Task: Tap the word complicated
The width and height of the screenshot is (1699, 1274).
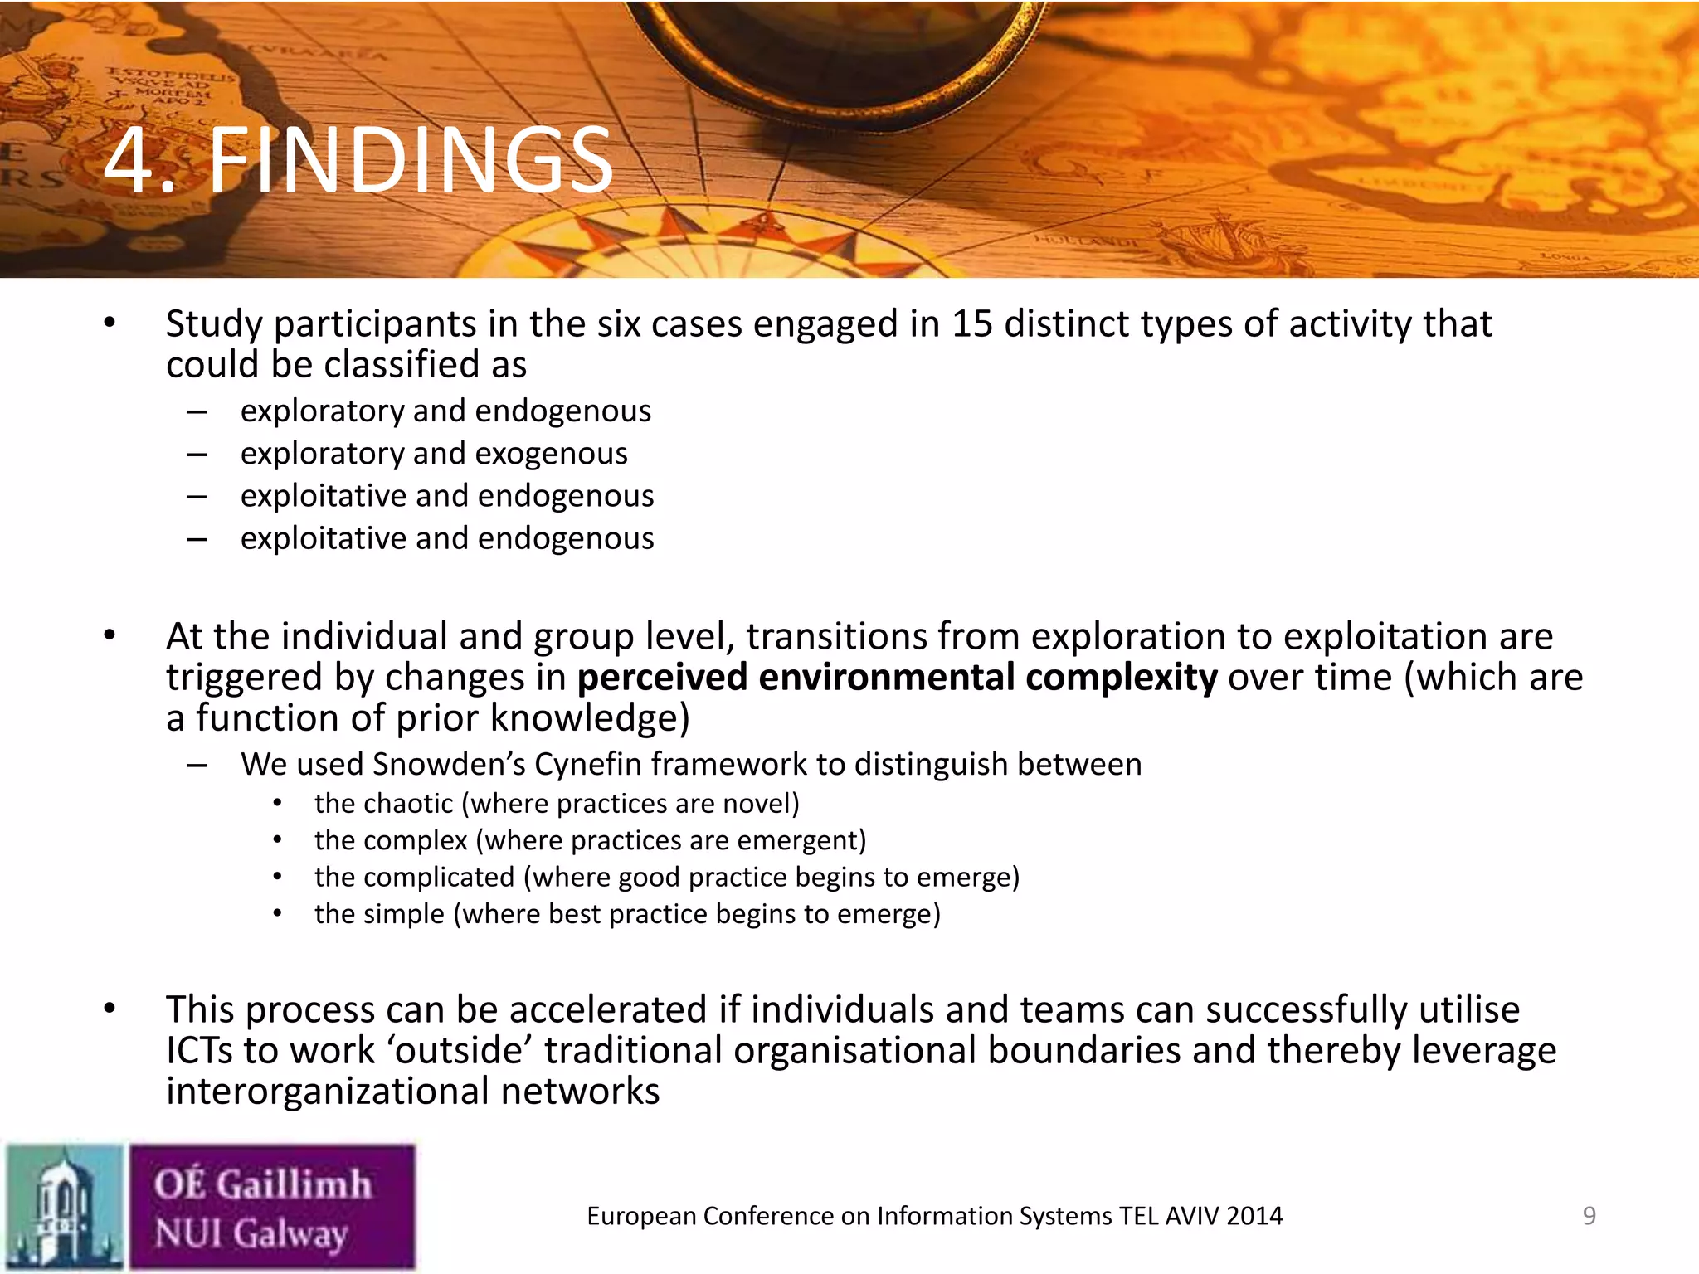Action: coord(414,877)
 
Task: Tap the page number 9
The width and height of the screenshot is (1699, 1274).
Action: coord(1589,1216)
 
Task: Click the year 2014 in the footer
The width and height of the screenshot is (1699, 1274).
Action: coord(1254,1216)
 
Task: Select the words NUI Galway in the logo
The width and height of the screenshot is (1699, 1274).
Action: coord(251,1233)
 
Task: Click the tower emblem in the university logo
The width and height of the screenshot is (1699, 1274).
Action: coord(64,1207)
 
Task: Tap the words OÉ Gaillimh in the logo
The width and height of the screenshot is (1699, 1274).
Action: coord(262,1183)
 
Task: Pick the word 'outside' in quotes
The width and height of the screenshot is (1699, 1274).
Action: coord(460,1050)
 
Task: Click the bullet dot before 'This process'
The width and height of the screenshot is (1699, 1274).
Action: coord(110,1009)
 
